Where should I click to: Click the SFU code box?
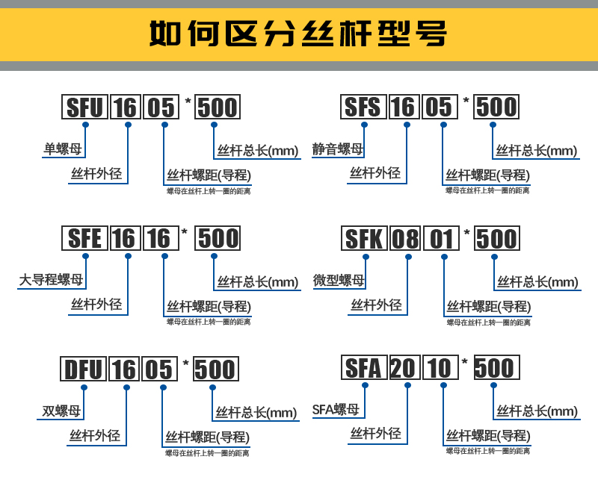pyautogui.click(x=84, y=107)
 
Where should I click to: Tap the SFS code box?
pyautogui.click(x=363, y=107)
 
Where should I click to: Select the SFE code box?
pyautogui.click(x=84, y=238)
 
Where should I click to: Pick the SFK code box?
pyautogui.click(x=364, y=239)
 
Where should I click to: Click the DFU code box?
pyautogui.click(x=83, y=369)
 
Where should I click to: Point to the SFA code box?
pyautogui.click(x=363, y=368)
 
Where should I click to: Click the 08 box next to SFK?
pyautogui.click(x=406, y=239)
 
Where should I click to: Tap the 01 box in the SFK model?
pyautogui.click(x=443, y=239)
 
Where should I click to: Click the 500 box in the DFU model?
pyautogui.click(x=215, y=369)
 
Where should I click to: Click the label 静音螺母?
pyautogui.click(x=338, y=149)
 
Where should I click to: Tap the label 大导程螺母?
pyautogui.click(x=52, y=281)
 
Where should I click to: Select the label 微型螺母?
pyautogui.click(x=339, y=281)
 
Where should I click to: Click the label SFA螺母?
pyautogui.click(x=336, y=410)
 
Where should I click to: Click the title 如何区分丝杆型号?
pyautogui.click(x=298, y=34)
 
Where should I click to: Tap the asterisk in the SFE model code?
pyautogui.click(x=185, y=232)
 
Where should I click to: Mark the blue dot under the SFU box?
pyautogui.click(x=85, y=124)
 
